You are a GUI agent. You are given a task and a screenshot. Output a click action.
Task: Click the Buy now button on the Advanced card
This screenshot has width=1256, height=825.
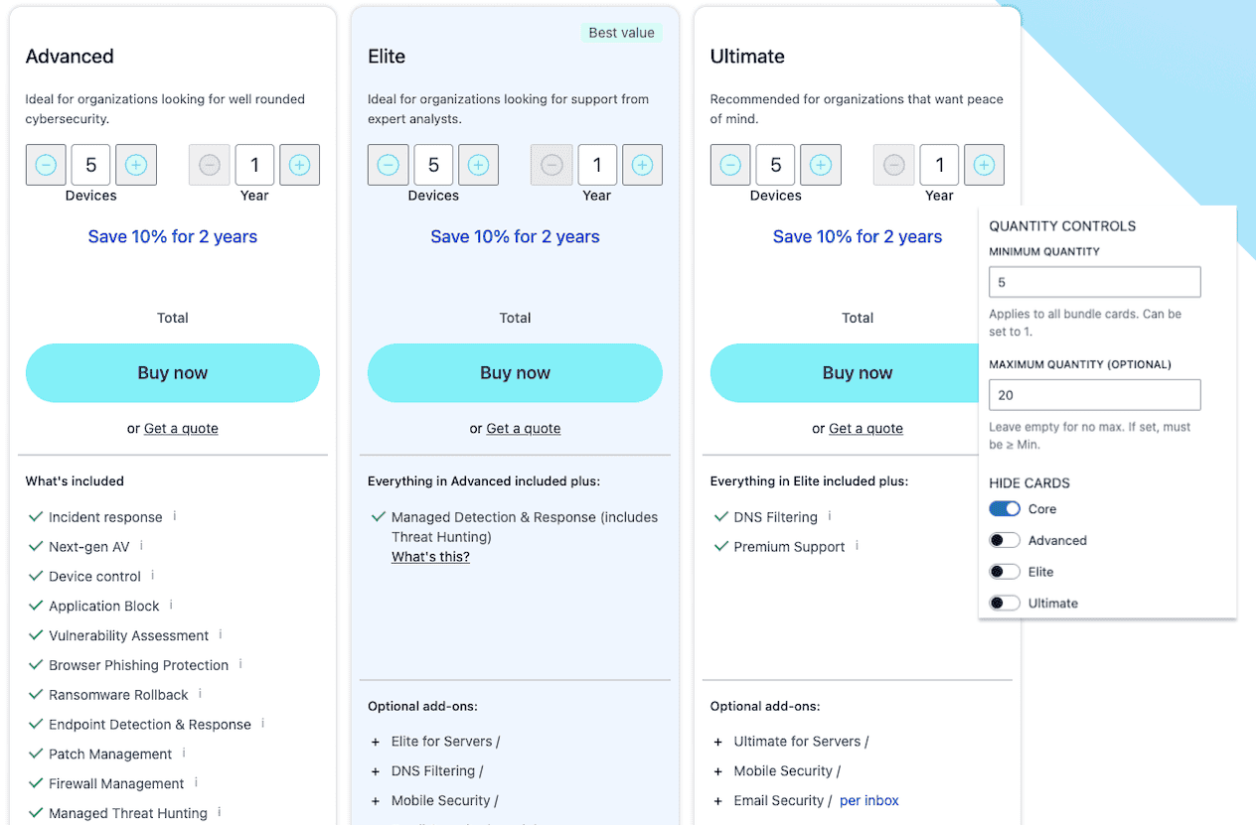(x=173, y=372)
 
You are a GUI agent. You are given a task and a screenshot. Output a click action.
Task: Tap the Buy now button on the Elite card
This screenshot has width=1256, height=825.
(x=515, y=372)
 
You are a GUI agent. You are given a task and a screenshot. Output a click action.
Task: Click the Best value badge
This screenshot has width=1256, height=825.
(x=621, y=33)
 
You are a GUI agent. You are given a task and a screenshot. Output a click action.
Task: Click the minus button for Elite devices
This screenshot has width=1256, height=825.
(x=388, y=165)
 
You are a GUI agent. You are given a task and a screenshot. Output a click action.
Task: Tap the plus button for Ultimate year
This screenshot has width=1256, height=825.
(x=984, y=165)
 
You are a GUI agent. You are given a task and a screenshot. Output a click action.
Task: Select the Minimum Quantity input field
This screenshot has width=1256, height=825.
(x=1094, y=282)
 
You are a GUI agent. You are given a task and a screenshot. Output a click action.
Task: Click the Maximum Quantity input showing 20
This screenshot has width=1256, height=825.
(x=1094, y=395)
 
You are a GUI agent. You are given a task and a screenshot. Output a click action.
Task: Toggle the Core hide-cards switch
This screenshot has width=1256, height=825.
(x=1005, y=508)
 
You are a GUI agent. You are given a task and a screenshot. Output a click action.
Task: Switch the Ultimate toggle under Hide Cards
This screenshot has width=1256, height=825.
(x=1005, y=603)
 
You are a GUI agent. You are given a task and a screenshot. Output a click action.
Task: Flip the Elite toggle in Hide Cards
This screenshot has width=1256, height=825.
(x=1005, y=571)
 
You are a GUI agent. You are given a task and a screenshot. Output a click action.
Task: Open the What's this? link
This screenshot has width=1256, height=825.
(x=430, y=557)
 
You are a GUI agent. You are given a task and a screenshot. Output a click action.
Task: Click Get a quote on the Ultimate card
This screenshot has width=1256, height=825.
(x=865, y=429)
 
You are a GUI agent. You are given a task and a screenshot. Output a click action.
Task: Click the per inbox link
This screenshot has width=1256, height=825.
(x=869, y=800)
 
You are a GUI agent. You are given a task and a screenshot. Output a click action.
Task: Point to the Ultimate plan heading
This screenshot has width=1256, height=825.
(x=747, y=56)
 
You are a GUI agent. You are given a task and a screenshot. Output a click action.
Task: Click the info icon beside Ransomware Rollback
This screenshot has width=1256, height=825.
(x=200, y=694)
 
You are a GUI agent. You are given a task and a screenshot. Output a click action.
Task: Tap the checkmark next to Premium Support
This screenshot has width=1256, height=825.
(x=721, y=546)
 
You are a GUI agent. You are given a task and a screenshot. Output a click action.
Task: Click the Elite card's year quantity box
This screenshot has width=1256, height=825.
(x=597, y=165)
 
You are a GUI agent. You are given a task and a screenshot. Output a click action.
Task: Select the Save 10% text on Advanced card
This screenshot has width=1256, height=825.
(x=173, y=236)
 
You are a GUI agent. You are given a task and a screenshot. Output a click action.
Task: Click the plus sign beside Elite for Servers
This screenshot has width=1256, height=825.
(x=376, y=742)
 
